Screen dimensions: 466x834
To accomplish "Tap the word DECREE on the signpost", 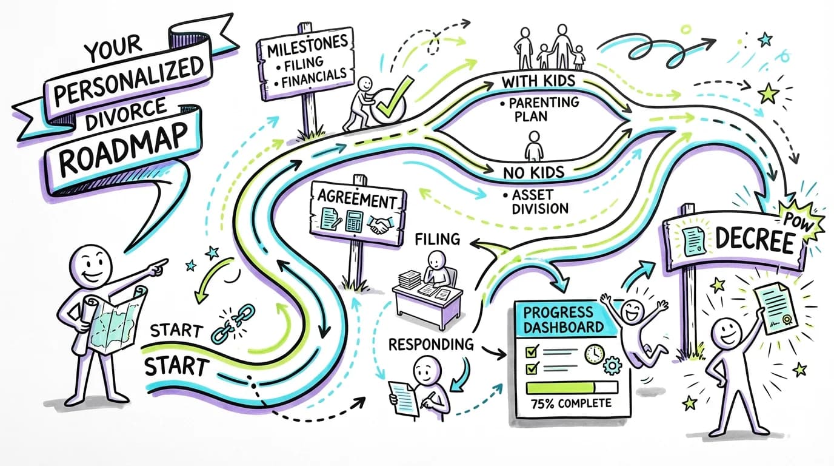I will point(754,241).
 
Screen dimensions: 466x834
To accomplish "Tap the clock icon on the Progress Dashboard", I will point(595,355).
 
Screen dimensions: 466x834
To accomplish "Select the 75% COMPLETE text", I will point(569,403).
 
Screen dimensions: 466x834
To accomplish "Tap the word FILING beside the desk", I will point(437,240).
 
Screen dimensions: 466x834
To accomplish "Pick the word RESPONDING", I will point(431,344).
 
